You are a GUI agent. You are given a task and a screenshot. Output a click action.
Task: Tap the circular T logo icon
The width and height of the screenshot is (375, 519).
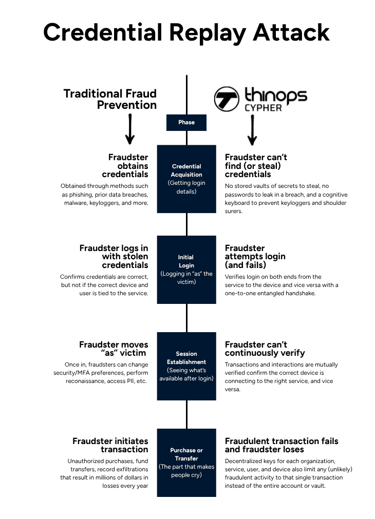[227, 99]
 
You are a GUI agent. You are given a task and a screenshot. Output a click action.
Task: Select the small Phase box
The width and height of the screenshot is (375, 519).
[186, 122]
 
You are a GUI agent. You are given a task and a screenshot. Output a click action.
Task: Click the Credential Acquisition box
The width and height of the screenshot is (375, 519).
[186, 179]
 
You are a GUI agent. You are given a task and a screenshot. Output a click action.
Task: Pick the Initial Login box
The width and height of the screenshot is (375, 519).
[186, 270]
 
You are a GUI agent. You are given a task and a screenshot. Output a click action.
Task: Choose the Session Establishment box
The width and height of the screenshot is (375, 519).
[186, 366]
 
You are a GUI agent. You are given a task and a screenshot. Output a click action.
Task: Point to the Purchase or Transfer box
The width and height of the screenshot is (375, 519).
[186, 463]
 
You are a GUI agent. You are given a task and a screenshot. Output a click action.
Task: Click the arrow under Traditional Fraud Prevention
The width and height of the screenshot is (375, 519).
[130, 129]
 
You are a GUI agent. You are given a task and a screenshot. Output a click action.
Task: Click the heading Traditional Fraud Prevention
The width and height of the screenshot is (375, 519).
[110, 99]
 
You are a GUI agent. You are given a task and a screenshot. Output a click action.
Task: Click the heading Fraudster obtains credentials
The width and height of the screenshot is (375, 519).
[128, 166]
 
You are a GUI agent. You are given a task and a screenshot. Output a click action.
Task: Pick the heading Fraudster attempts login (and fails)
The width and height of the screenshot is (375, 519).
[255, 257]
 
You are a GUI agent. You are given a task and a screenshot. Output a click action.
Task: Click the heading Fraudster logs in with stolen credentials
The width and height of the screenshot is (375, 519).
[114, 257]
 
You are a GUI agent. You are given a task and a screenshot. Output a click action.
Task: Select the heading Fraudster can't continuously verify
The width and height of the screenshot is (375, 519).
[265, 349]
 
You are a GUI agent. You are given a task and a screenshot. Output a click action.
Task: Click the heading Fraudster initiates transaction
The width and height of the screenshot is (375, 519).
[110, 445]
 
